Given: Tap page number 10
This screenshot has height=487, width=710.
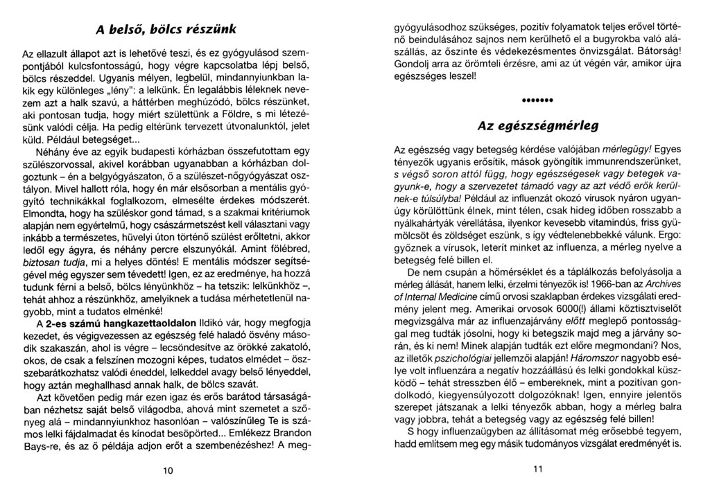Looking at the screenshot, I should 167,470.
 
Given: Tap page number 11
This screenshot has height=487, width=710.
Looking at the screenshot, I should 538,470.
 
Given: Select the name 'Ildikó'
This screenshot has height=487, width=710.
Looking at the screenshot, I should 214,322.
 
